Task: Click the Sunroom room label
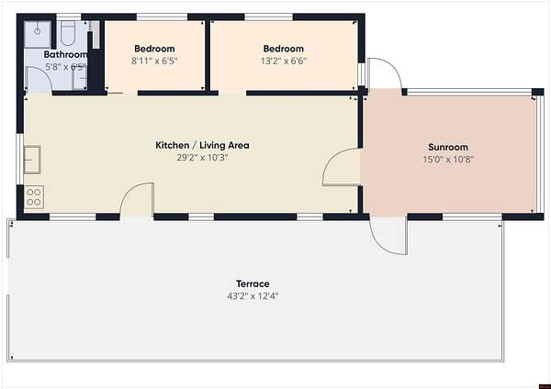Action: (448, 147)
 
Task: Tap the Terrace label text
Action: (253, 283)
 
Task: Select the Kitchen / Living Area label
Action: (202, 145)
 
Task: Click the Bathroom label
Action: (65, 54)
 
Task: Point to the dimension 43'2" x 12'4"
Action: (253, 296)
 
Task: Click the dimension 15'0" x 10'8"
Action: (448, 160)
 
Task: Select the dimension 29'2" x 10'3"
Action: (202, 158)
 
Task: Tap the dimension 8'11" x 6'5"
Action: (154, 61)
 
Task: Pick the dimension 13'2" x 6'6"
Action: (284, 61)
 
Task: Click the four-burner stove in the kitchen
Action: (34, 197)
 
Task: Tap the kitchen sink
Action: (32, 160)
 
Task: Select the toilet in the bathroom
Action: (67, 33)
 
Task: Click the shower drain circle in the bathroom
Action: (38, 31)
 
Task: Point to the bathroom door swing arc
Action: (45, 72)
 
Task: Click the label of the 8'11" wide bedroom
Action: (154, 49)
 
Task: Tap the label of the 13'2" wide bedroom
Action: (284, 49)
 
